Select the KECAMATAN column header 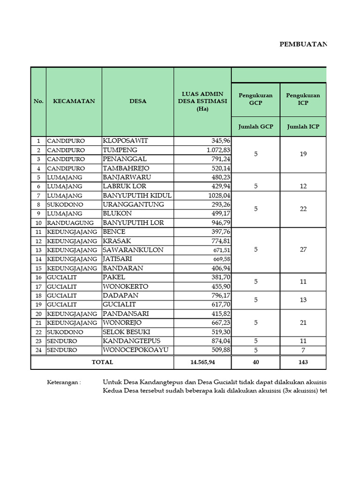(74, 101)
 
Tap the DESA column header (138, 101)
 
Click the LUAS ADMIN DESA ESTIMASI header (202, 101)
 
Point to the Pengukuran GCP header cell (255, 99)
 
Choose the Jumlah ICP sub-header (303, 126)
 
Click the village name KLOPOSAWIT (125, 141)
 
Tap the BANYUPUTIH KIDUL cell (137, 195)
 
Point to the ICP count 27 (303, 250)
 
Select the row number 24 (38, 350)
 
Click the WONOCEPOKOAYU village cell (135, 350)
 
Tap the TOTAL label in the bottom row (102, 362)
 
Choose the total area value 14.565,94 (202, 362)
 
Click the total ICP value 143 (303, 362)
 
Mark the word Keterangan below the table (64, 382)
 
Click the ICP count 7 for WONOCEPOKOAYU (303, 350)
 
